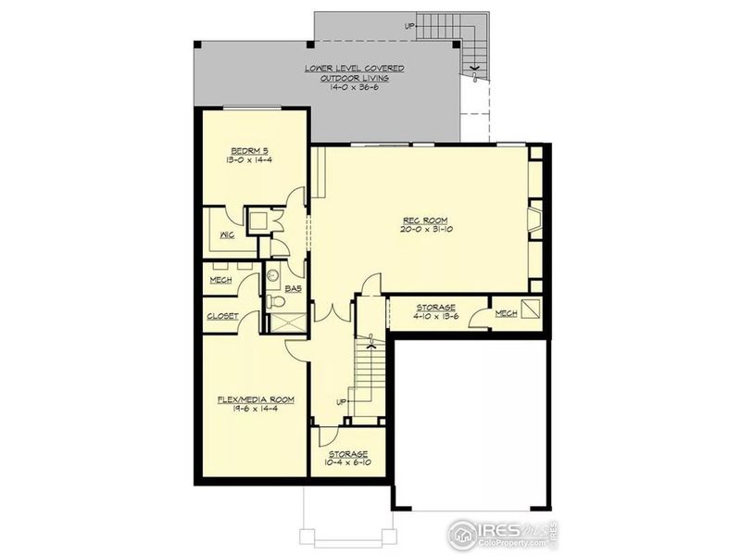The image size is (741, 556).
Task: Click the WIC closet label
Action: [x=225, y=236]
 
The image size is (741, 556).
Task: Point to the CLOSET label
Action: [x=222, y=316]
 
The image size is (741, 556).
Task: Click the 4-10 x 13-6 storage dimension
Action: [x=435, y=316]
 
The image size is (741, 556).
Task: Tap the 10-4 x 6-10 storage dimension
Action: [x=346, y=462]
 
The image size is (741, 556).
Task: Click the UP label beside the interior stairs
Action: [x=340, y=401]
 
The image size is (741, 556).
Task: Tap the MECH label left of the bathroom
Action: [x=220, y=280]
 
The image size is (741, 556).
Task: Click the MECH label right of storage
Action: [x=506, y=314]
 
